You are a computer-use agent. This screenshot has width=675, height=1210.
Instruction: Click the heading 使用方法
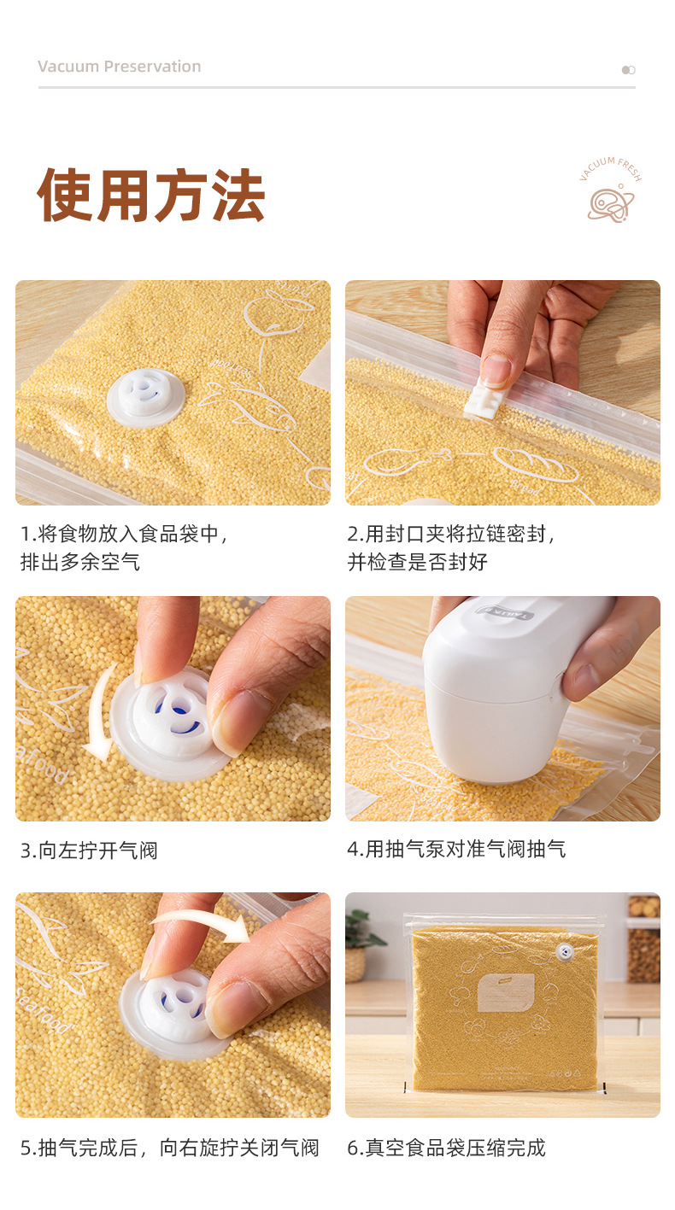(x=151, y=196)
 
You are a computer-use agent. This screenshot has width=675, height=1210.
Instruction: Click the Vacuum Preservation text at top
(x=120, y=67)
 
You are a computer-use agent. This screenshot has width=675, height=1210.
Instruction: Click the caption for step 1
(x=124, y=548)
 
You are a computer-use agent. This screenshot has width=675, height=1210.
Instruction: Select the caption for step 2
(x=451, y=548)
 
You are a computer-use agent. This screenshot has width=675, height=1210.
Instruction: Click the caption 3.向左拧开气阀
(x=90, y=851)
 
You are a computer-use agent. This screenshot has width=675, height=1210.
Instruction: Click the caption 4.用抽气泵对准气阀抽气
(x=456, y=849)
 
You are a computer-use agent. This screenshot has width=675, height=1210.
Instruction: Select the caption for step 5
(x=170, y=1148)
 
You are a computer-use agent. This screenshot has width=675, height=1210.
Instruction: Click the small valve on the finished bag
(x=564, y=952)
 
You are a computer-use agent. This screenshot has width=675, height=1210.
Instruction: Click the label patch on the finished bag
(x=505, y=992)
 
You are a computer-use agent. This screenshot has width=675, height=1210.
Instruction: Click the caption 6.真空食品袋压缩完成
(x=446, y=1148)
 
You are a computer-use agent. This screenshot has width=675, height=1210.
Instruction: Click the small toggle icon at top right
(x=628, y=70)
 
